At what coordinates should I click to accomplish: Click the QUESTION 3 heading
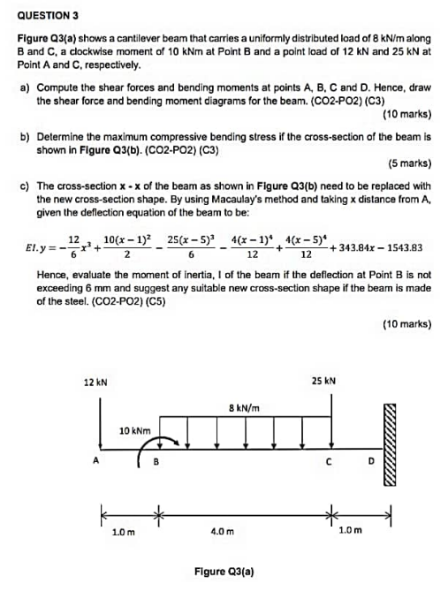click(x=48, y=15)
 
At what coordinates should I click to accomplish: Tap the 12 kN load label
click(x=95, y=382)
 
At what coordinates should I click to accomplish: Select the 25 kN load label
click(x=323, y=382)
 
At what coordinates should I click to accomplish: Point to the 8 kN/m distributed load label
click(x=243, y=407)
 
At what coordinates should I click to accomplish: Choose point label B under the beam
click(x=156, y=460)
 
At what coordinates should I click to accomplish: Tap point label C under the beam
click(x=328, y=460)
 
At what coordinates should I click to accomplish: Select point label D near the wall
click(x=371, y=460)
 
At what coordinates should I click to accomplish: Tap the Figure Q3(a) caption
click(x=224, y=572)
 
